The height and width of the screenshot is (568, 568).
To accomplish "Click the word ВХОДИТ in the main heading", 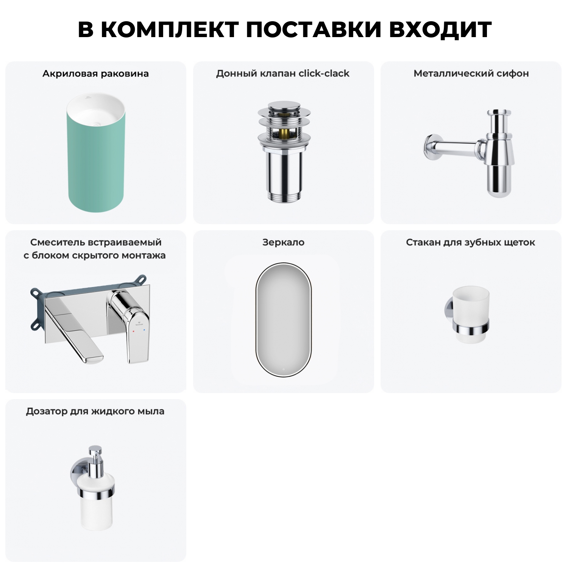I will pyautogui.click(x=440, y=29).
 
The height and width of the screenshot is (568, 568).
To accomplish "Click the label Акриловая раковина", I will pyautogui.click(x=95, y=73).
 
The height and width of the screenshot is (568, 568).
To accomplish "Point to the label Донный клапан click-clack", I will pyautogui.click(x=283, y=73).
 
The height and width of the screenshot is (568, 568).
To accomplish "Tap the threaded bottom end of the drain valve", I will pyautogui.click(x=284, y=197).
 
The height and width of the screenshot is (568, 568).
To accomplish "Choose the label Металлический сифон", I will pyautogui.click(x=471, y=73).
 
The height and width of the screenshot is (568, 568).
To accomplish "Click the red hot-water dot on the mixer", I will pyautogui.click(x=133, y=331).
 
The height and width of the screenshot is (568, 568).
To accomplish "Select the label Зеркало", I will pyautogui.click(x=283, y=242).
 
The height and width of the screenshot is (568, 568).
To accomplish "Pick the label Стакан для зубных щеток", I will pyautogui.click(x=470, y=242).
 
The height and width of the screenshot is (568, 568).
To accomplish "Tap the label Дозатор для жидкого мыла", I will pyautogui.click(x=95, y=411).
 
